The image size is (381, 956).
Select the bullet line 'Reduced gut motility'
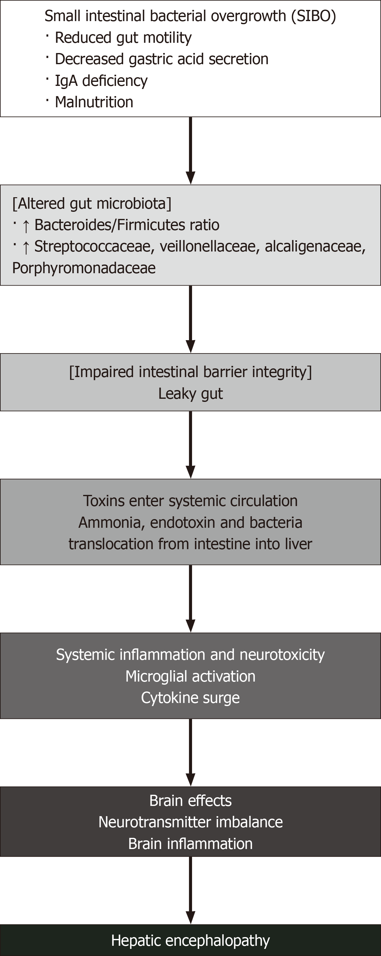pos(123,38)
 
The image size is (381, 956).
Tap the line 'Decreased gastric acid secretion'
pos(162,59)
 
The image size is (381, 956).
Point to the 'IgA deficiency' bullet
pos(101,81)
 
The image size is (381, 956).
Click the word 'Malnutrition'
pos(94,102)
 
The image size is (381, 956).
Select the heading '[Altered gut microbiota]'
pos(92,204)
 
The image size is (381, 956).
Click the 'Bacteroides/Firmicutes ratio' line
pos(127,225)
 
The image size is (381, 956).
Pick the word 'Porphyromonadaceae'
pos(84,268)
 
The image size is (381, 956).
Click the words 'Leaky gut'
pos(191,394)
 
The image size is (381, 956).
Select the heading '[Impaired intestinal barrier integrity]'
pos(191,372)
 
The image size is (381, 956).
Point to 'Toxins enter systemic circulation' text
pos(191,501)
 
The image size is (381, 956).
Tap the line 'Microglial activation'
pos(191,677)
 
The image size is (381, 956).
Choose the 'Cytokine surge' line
pos(191,698)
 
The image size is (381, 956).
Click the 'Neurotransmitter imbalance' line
pos(191,822)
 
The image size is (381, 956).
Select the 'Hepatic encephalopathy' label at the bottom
pos(191,941)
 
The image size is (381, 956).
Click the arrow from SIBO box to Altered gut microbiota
pos(191,151)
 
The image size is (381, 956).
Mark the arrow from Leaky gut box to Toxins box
pos(191,445)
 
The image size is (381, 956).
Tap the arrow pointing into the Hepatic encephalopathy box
pos(191,890)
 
